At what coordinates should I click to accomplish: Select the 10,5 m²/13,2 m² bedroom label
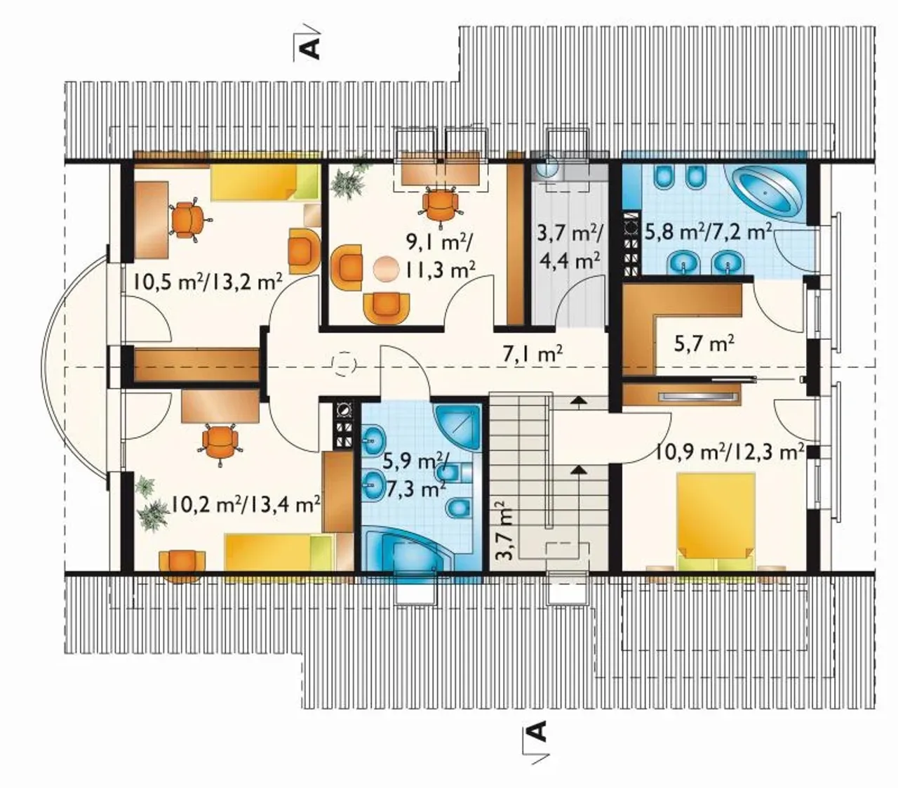coord(208,282)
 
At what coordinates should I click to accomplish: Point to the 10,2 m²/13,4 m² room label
coord(245,504)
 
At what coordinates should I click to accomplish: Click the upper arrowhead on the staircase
coord(576,400)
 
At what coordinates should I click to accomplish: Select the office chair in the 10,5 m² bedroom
coord(188,219)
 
